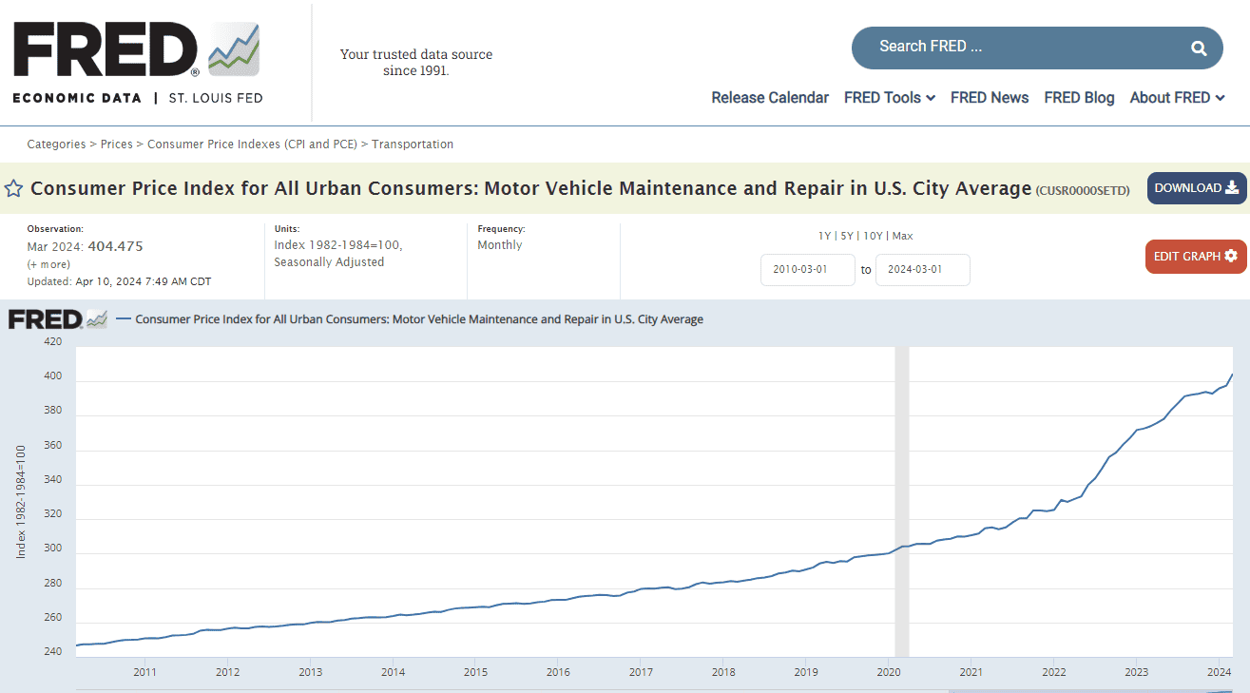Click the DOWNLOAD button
(x=1196, y=188)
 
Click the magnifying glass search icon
(x=1199, y=48)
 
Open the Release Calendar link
(x=770, y=97)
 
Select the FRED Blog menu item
(x=1079, y=97)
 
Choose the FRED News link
(x=989, y=97)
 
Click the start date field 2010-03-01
(x=807, y=269)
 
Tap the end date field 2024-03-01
(x=922, y=269)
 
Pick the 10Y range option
(x=872, y=236)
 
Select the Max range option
(x=902, y=236)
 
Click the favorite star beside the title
(x=13, y=188)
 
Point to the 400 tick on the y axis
(x=53, y=376)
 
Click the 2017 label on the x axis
(x=640, y=672)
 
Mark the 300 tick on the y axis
(x=53, y=549)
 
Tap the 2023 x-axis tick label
(x=1136, y=672)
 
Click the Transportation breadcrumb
(x=413, y=144)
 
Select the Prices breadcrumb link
(x=116, y=144)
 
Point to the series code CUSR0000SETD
(x=1083, y=190)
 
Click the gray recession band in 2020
(x=902, y=475)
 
